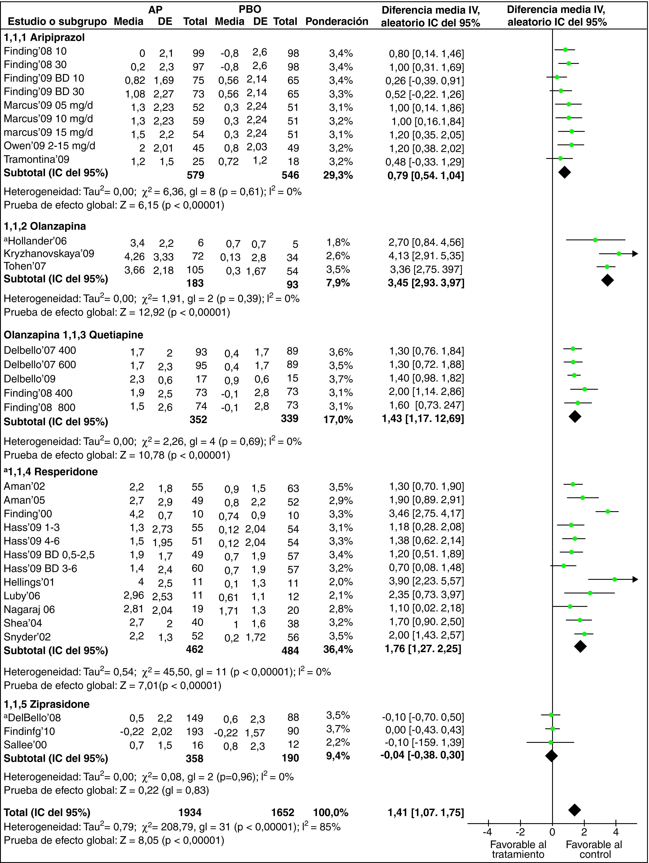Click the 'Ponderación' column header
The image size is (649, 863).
(x=337, y=21)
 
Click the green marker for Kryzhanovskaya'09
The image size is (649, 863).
(x=618, y=254)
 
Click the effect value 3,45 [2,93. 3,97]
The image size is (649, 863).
(x=426, y=283)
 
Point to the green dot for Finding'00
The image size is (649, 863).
(x=607, y=511)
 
